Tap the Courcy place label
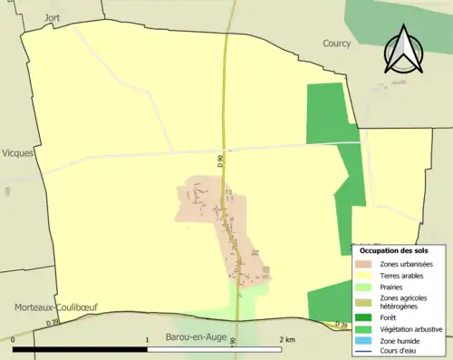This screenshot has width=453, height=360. click(337, 43)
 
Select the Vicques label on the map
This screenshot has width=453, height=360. click(18, 153)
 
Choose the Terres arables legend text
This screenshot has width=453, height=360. click(404, 276)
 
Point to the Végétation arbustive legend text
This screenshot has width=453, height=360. click(412, 328)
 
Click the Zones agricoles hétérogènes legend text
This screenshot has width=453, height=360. click(404, 302)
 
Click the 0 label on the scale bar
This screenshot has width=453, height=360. click(14, 339)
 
